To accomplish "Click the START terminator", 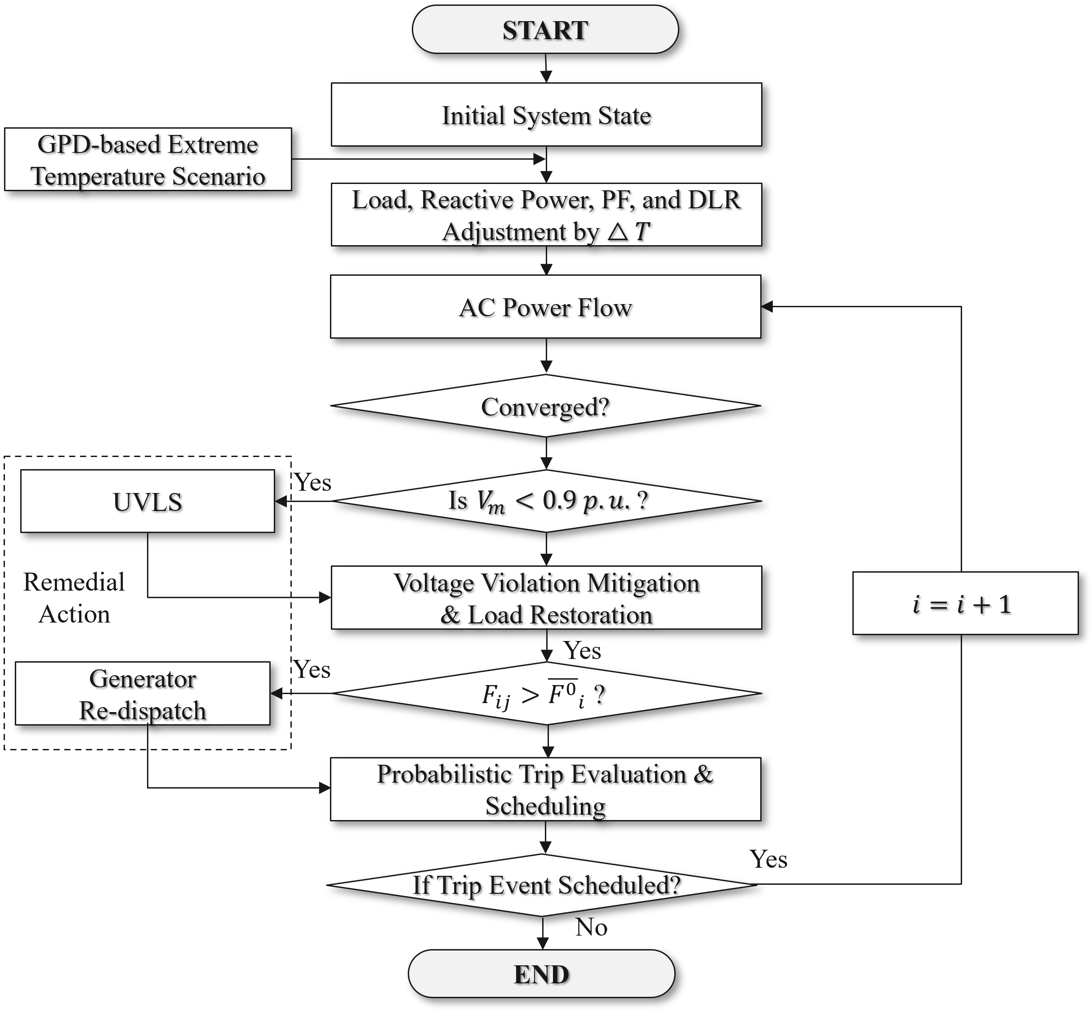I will (545, 30).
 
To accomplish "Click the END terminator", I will (542, 974).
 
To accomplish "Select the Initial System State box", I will (546, 115).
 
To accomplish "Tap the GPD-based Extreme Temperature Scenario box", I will (148, 160).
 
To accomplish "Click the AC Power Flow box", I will (545, 307).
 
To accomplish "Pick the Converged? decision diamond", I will (545, 407).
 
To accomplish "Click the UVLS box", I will (147, 501).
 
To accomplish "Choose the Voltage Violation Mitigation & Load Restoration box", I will (546, 598).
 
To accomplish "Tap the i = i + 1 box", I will (965, 603).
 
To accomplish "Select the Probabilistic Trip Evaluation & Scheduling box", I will (545, 789).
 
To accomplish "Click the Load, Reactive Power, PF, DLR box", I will (546, 215).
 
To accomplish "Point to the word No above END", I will (591, 928).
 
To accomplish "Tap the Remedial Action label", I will (74, 598).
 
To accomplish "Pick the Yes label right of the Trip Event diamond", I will (768, 859).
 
